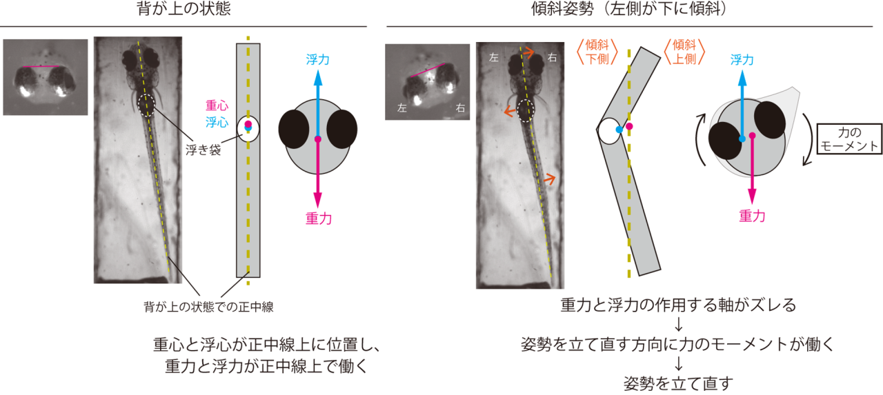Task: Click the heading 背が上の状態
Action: (x=183, y=9)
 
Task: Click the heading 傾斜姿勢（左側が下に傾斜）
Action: (x=629, y=9)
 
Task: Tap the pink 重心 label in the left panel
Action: (x=217, y=105)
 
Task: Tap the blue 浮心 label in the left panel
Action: (x=217, y=123)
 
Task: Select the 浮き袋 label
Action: (x=204, y=150)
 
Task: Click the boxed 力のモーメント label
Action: (x=849, y=139)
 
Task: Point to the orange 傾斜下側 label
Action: (x=597, y=52)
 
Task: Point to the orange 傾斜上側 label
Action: (x=684, y=52)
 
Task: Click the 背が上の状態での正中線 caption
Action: (x=208, y=307)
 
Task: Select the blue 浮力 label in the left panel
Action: (x=318, y=60)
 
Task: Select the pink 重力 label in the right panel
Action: (x=752, y=216)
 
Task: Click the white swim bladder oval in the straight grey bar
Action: (x=248, y=129)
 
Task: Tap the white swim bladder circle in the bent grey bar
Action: (x=609, y=131)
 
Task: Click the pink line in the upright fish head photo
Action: (x=41, y=67)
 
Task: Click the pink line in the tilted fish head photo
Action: (x=427, y=70)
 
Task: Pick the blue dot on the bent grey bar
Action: (x=619, y=130)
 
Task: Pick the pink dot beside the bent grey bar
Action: (x=629, y=126)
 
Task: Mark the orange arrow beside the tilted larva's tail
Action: (x=550, y=179)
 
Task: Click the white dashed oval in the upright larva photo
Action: (x=146, y=105)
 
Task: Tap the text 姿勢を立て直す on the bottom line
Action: (x=678, y=383)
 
